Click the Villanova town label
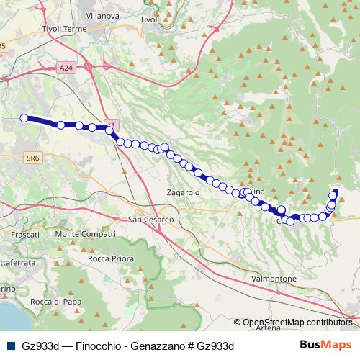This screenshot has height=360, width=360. tap(102, 14)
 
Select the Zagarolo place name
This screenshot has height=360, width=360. tap(182, 194)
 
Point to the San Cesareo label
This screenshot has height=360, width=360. tap(151, 219)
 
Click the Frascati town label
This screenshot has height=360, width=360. tap(25, 235)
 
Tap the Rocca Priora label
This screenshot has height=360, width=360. tap(107, 258)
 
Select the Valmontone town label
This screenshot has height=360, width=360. tap(275, 278)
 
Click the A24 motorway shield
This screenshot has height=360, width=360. tap(66, 68)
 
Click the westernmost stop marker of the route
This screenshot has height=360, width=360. tap(24, 118)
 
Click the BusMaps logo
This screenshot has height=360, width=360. tap(328, 345)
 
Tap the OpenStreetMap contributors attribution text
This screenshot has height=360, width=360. tap(297, 323)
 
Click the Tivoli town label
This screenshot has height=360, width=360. tap(150, 19)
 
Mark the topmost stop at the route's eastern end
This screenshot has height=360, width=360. tap(335, 192)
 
